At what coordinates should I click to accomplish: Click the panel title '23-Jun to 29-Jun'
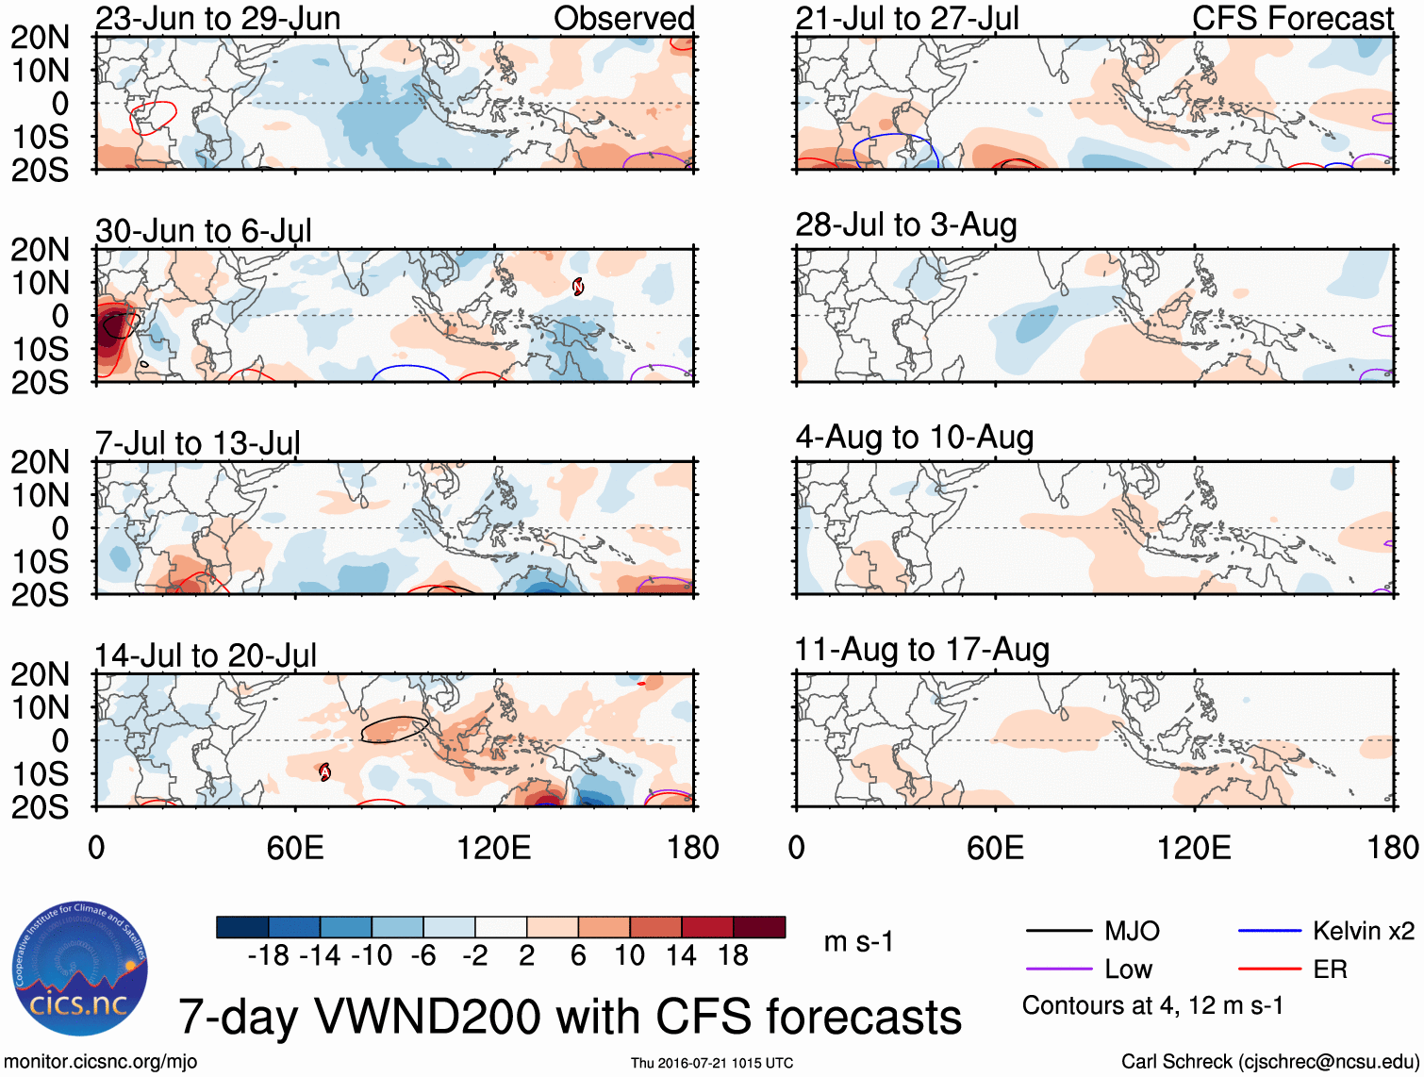(218, 18)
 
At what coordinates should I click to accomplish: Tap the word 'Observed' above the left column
(623, 18)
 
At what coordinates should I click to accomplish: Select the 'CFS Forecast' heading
(1292, 18)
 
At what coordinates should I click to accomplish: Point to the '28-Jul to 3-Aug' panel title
(905, 225)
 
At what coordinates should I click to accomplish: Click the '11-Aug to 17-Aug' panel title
(921, 650)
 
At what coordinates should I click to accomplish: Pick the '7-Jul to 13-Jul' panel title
(197, 443)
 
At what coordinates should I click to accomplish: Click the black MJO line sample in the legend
(1058, 932)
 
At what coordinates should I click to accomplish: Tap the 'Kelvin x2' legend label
(1363, 932)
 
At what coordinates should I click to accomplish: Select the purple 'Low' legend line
(1058, 969)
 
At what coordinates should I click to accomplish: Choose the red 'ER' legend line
(1269, 969)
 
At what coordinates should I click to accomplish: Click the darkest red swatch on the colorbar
(759, 927)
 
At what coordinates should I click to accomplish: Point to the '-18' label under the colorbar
(268, 956)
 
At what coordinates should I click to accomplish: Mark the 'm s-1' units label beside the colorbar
(858, 942)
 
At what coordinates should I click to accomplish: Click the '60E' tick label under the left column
(295, 848)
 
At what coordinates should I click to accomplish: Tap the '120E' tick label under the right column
(1194, 848)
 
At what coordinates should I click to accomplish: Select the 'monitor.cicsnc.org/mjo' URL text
(101, 1062)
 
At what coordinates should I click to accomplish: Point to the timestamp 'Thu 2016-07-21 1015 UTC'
(712, 1063)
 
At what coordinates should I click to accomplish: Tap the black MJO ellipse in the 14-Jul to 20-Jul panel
(394, 729)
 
